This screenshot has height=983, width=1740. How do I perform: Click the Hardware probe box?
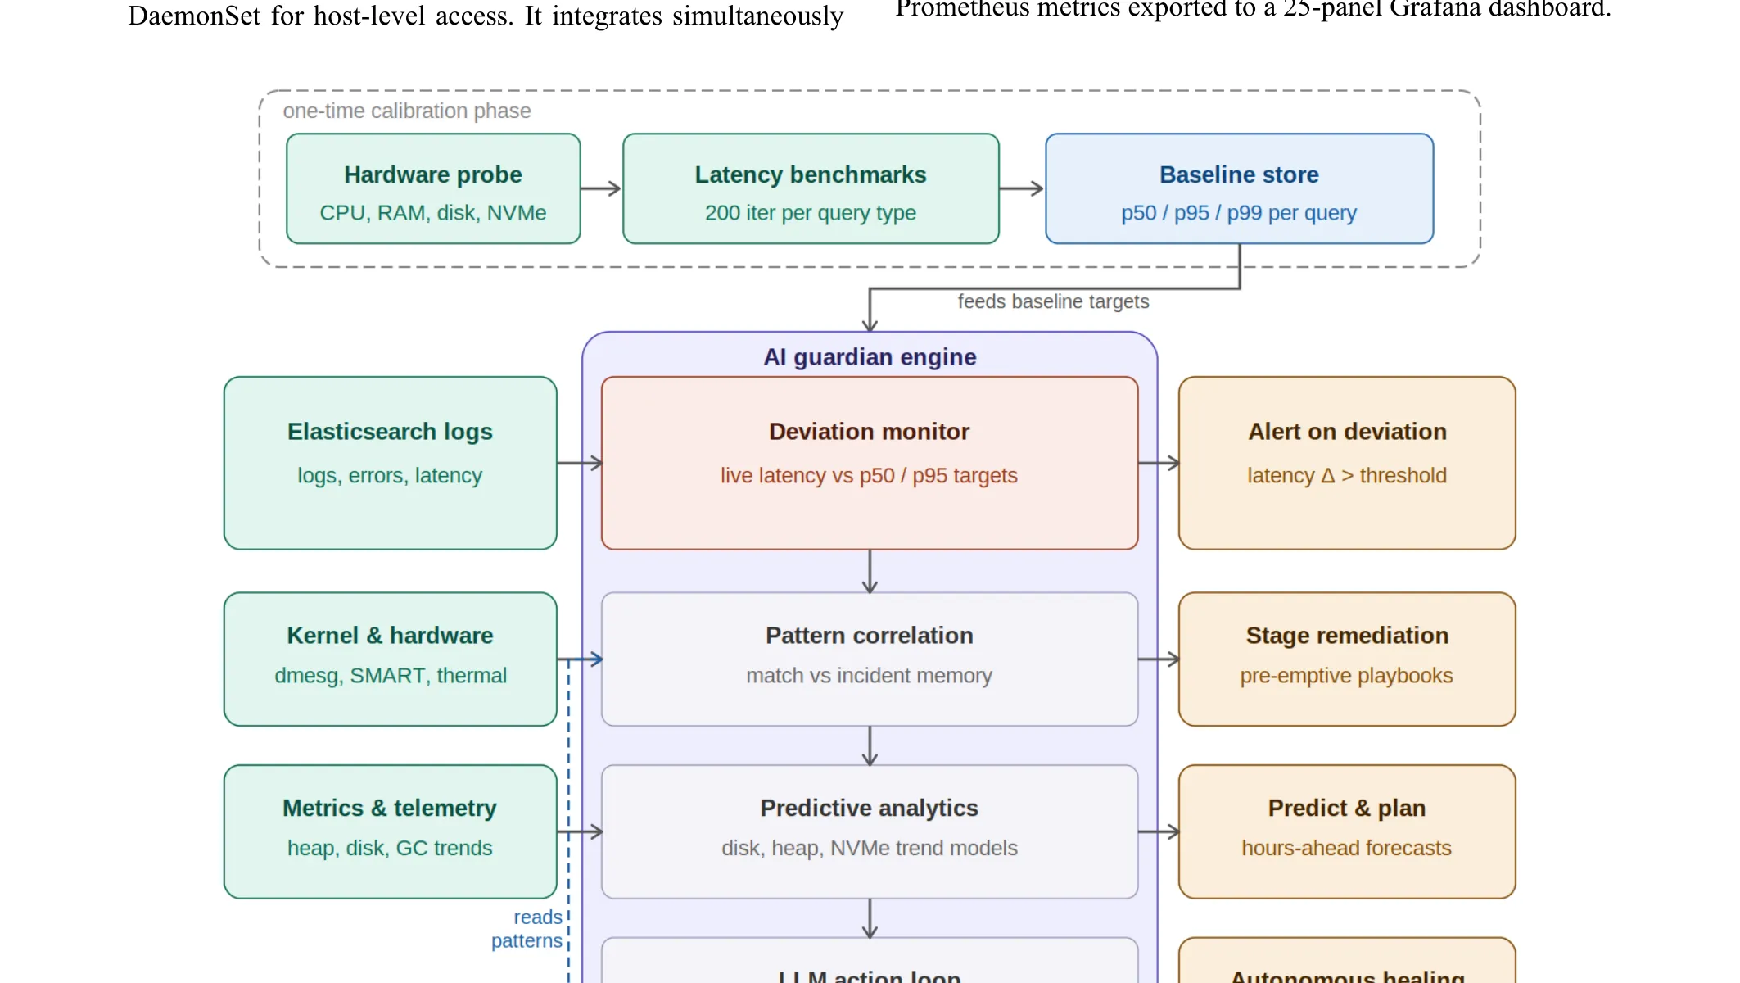[433, 189]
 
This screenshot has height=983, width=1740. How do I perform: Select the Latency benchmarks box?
[811, 189]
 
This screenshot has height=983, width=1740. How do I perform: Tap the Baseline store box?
[1239, 189]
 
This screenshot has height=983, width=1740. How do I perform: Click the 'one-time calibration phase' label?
[407, 111]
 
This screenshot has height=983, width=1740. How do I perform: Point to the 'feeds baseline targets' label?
[1053, 301]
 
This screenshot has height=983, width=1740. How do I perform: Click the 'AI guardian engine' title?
[870, 357]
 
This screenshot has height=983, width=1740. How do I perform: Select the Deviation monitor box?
[870, 463]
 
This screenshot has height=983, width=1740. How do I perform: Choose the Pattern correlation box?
[870, 659]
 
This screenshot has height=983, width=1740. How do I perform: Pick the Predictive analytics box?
[870, 831]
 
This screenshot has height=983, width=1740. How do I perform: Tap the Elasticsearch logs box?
[390, 463]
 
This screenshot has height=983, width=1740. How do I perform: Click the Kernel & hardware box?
[390, 659]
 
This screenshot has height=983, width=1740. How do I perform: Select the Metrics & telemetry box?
[390, 831]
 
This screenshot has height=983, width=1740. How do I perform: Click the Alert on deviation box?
[1347, 463]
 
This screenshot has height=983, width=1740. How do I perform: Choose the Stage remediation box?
[1347, 659]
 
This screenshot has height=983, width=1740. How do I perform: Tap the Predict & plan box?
[1347, 831]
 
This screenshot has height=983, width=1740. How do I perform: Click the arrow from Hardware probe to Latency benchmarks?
[601, 189]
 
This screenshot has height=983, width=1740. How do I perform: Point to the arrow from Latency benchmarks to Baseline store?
[1021, 189]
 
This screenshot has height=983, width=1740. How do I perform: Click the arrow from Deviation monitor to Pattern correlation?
[870, 571]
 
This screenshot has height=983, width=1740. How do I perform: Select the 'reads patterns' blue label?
[528, 929]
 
